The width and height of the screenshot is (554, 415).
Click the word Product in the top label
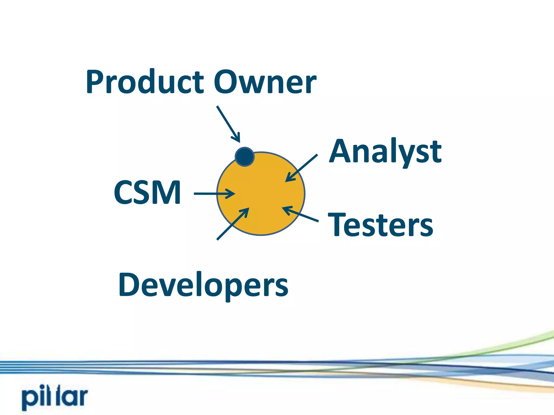click(145, 82)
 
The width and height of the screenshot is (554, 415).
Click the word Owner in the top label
click(265, 82)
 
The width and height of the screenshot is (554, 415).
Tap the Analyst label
click(385, 152)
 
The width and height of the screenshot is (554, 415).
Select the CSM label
click(147, 192)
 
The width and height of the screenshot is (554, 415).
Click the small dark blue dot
click(245, 157)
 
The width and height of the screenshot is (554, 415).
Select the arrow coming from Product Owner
click(228, 124)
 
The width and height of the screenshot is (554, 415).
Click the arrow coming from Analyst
click(301, 168)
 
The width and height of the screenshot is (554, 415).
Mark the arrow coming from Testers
click(300, 214)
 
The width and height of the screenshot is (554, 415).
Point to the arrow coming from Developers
click(233, 224)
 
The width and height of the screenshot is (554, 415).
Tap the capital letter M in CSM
click(168, 192)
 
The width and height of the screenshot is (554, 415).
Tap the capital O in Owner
click(226, 82)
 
